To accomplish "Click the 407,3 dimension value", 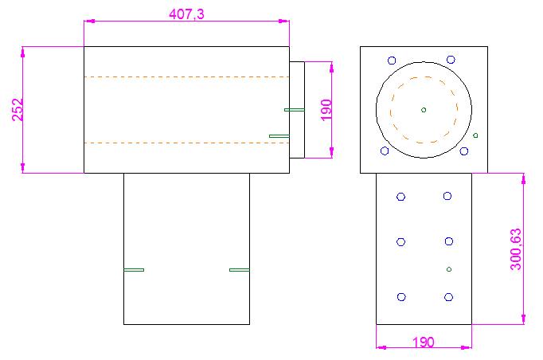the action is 186,14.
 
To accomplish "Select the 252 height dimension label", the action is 18,110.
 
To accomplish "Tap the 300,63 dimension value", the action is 515,248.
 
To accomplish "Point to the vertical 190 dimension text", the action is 326,110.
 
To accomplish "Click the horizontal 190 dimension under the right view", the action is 424,342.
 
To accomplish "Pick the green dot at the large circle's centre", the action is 424,110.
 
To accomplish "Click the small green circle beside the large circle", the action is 475,135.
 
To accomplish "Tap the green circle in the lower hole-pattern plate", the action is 449,269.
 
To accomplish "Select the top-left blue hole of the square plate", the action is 392,61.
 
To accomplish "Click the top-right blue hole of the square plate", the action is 451,60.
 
